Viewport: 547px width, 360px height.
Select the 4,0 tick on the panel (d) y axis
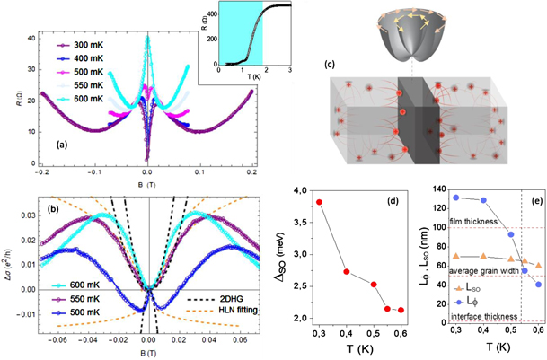301,189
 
